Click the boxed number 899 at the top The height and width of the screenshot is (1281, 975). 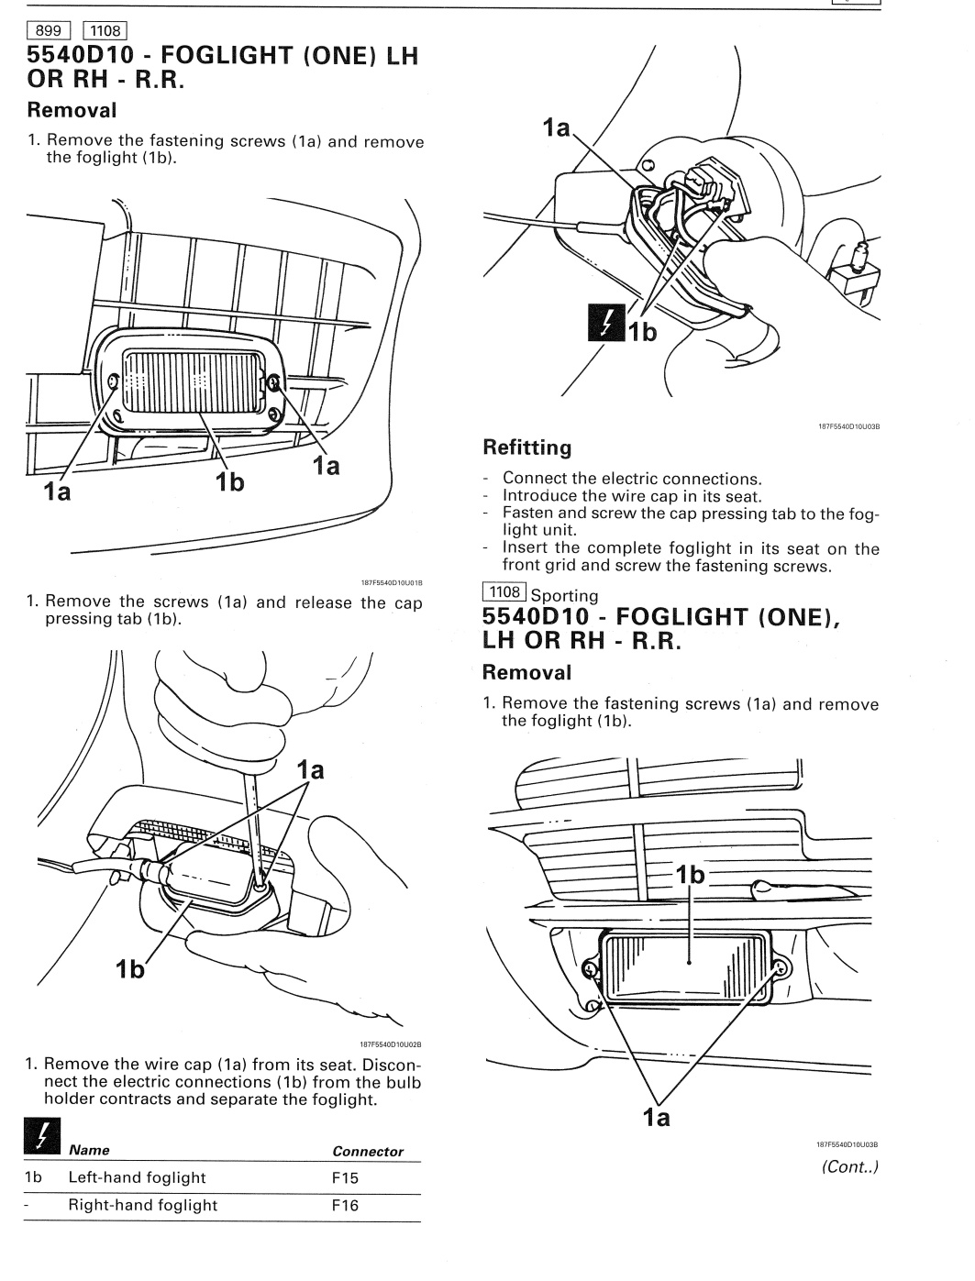(x=48, y=30)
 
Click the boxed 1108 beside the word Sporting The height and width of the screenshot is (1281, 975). (x=504, y=592)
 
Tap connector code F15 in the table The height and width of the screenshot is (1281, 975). (x=345, y=1178)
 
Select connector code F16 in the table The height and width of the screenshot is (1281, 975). (x=345, y=1206)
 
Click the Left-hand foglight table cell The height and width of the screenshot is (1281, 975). (x=138, y=1178)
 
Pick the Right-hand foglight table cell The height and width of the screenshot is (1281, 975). (x=143, y=1206)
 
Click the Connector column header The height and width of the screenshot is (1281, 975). (x=367, y=1152)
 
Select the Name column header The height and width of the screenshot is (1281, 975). (x=89, y=1150)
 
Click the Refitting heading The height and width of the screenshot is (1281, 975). (x=526, y=447)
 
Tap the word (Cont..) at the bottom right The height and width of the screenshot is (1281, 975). (x=850, y=1167)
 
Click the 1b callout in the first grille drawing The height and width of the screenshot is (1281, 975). (x=229, y=480)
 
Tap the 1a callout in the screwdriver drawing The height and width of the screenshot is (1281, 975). (x=310, y=770)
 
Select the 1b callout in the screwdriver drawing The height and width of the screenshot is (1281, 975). (x=130, y=968)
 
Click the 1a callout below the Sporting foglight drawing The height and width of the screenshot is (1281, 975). (x=656, y=1117)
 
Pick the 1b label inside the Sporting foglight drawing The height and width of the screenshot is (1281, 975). (x=690, y=876)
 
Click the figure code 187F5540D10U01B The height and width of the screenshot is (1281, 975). (x=392, y=581)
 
